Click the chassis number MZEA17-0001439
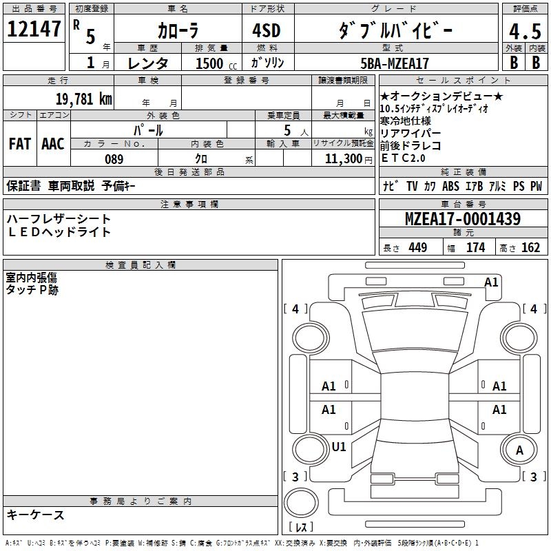point(463,220)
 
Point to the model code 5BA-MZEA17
point(395,63)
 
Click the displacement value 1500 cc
point(214,63)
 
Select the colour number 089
point(114,159)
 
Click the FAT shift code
point(20,144)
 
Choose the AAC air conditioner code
point(53,144)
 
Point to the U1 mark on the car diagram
point(339,447)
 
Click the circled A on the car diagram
point(519,450)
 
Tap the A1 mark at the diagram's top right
point(491,282)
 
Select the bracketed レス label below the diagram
point(301,528)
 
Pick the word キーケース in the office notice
point(35,514)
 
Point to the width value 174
point(475,248)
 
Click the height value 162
point(530,248)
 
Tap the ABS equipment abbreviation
point(450,186)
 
